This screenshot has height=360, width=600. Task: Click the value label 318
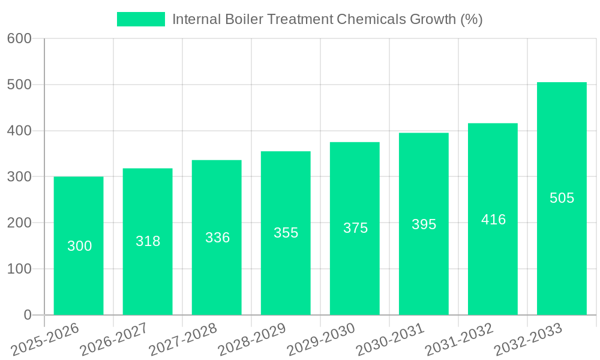[148, 241]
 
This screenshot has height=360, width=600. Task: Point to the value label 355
[286, 233]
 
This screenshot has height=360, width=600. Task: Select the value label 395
[424, 224]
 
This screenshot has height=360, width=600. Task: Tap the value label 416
[493, 220]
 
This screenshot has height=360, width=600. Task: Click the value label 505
[562, 198]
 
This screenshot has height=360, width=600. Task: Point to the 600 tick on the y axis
[19, 38]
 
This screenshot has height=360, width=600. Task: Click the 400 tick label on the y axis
[19, 131]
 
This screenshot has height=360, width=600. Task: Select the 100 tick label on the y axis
[19, 269]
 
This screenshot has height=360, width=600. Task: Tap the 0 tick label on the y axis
[27, 315]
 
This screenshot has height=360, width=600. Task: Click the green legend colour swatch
[140, 19]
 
